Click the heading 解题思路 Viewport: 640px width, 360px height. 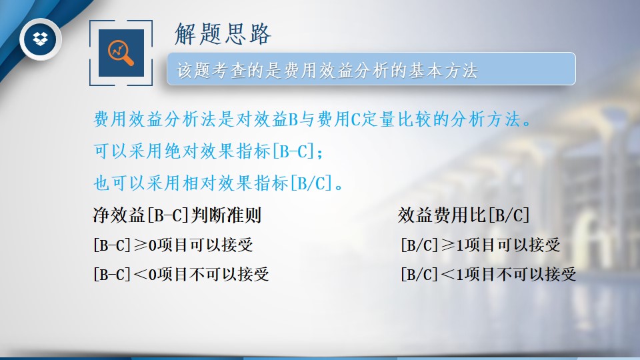(223, 33)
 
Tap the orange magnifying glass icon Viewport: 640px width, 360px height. (121, 53)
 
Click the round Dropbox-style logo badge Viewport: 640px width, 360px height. (41, 39)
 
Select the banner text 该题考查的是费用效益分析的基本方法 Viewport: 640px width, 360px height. (327, 70)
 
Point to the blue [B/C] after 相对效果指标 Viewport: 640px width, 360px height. (311, 183)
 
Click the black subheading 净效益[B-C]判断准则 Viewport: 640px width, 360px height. (177, 215)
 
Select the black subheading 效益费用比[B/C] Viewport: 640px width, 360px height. (463, 215)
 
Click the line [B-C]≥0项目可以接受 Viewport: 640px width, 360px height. (173, 245)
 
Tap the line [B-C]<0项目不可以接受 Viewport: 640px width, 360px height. (181, 274)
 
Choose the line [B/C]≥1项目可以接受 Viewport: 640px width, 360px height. (481, 245)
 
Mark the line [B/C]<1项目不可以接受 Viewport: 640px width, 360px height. (489, 274)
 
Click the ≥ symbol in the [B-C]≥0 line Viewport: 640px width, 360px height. (140, 245)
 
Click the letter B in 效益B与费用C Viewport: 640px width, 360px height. (293, 119)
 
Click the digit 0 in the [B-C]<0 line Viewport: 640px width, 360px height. (152, 274)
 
